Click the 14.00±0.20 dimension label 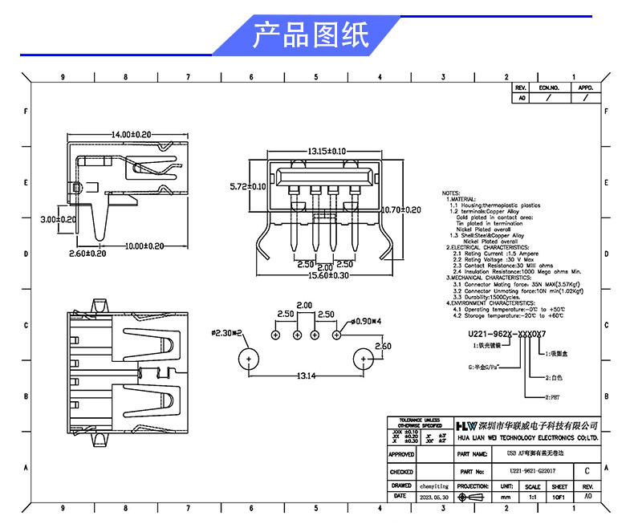point(132,134)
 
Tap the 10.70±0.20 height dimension point(400,209)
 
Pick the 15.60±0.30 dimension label point(324,274)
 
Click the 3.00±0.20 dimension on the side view point(59,219)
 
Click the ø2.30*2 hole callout point(227,331)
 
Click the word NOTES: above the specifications point(451,194)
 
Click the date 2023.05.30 point(434,497)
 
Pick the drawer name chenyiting point(434,485)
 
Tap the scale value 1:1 point(532,497)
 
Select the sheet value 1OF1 point(559,497)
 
